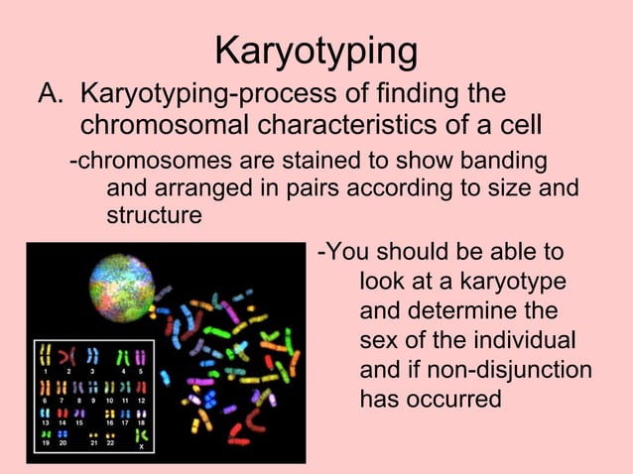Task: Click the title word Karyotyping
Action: [x=316, y=52]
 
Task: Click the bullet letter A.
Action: [x=51, y=96]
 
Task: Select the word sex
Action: [x=378, y=341]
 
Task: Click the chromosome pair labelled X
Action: [x=142, y=436]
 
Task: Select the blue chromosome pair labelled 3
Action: [x=92, y=356]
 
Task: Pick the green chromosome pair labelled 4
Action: [x=123, y=356]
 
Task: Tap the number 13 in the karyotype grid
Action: [x=46, y=422]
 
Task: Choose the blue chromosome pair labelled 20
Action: [x=62, y=434]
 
